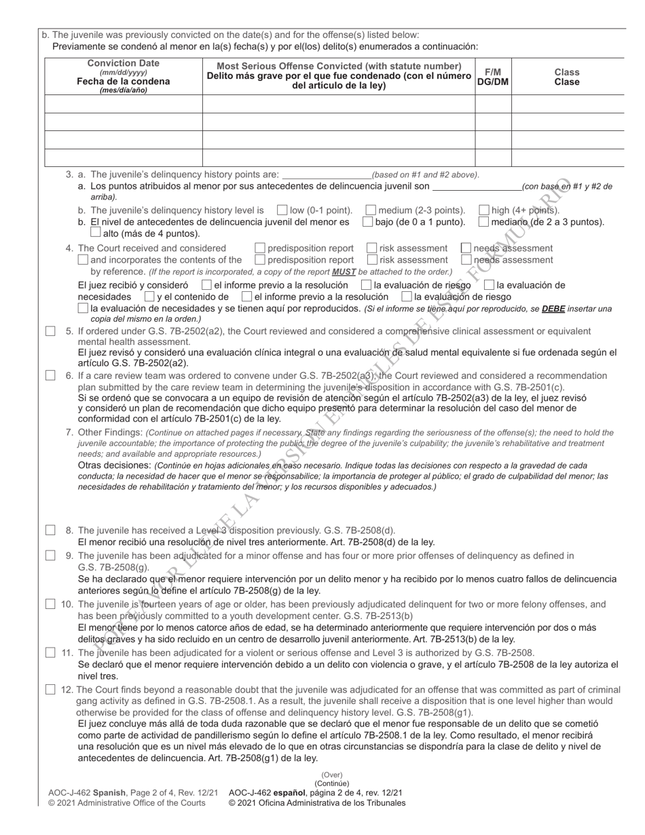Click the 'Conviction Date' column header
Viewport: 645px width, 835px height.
[124, 76]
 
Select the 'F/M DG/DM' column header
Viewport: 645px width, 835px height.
[493, 76]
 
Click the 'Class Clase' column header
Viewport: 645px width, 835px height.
[567, 76]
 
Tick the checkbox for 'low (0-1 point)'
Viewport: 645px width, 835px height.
[282, 210]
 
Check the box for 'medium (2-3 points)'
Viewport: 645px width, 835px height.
[371, 210]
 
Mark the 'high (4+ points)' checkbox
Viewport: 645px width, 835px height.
[485, 210]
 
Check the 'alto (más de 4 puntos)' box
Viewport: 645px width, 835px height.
[96, 233]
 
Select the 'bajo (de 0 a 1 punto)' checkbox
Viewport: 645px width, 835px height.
[367, 222]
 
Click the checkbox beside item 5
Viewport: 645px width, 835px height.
[50, 331]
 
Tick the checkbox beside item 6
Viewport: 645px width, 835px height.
[50, 375]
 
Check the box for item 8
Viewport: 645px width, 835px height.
[50, 530]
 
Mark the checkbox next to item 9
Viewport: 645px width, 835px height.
[50, 555]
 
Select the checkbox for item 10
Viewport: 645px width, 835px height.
[50, 604]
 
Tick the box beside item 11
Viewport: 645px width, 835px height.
[50, 652]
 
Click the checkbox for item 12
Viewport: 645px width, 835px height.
[50, 690]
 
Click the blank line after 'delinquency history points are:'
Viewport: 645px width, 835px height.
[327, 175]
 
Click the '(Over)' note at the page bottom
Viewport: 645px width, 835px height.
[332, 775]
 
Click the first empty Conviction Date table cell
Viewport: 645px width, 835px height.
[124, 104]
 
